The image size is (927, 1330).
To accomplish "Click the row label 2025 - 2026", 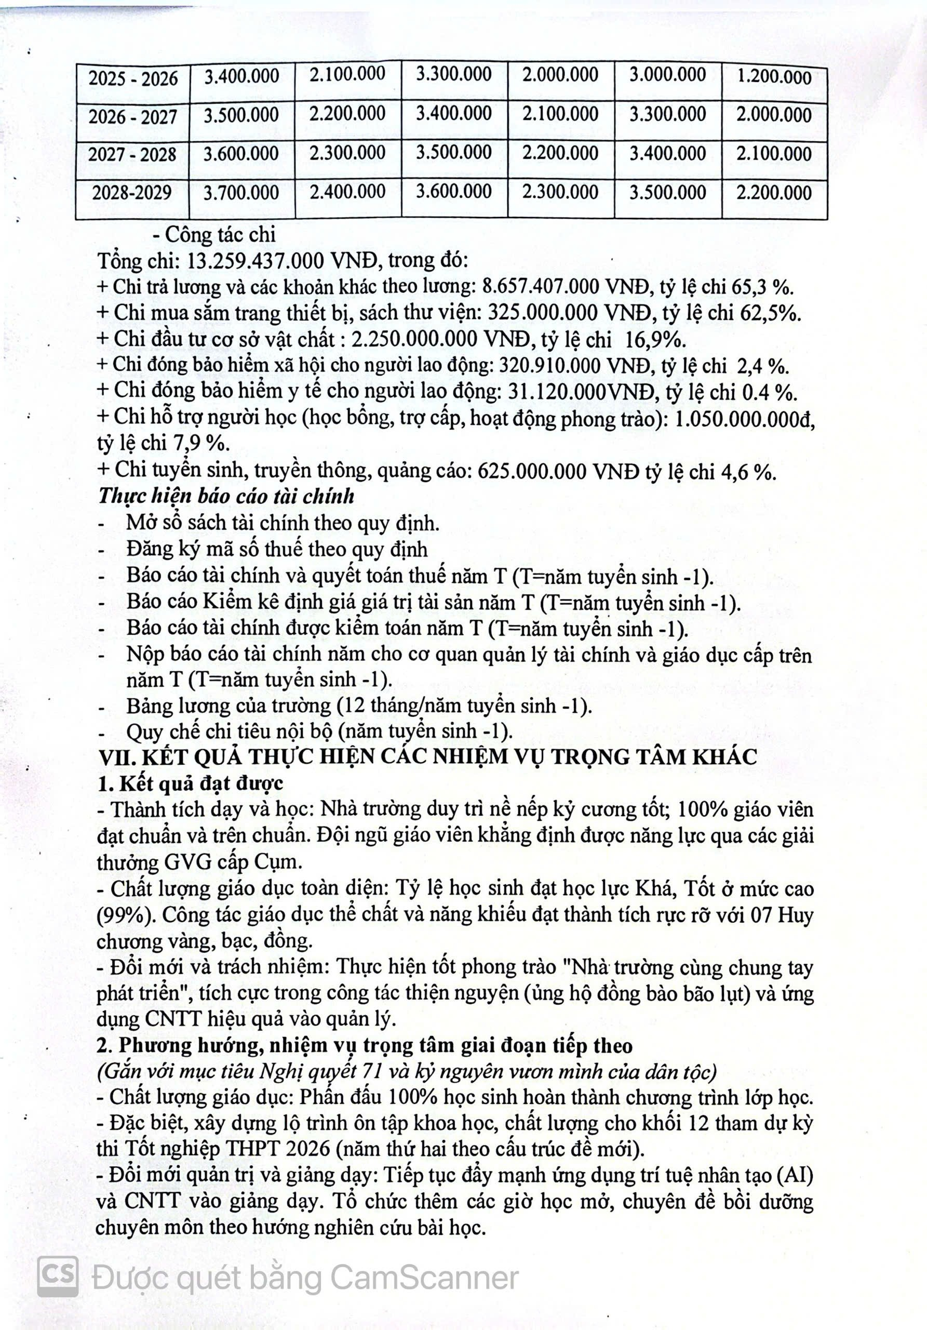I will coord(132,78).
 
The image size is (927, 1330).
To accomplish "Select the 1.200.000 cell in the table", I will coord(774,77).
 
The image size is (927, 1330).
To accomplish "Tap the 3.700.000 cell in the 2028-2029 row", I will coord(241,192).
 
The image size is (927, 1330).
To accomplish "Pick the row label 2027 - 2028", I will coord(132,155).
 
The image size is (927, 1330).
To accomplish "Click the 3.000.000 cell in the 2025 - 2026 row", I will coord(668,75).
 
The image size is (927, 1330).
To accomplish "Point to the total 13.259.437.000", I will coord(256,261).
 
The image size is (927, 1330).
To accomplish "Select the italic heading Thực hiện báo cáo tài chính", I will coord(226,497).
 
